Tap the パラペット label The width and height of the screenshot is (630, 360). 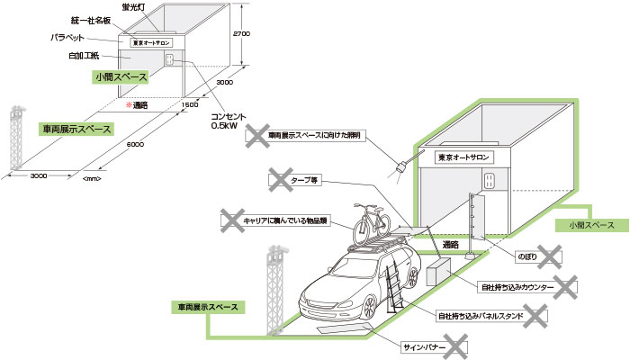point(68,39)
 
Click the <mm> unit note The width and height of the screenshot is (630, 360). point(91,180)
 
